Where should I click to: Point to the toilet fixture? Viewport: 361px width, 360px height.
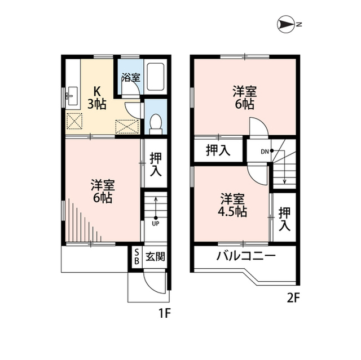(x=156, y=121)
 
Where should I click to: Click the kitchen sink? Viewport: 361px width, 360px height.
(x=71, y=96)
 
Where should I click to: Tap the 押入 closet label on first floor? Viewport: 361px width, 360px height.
(x=156, y=164)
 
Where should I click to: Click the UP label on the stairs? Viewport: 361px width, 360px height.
(x=155, y=223)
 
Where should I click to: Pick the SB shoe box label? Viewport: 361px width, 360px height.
(x=136, y=257)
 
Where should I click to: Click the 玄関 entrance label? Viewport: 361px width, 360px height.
(x=155, y=257)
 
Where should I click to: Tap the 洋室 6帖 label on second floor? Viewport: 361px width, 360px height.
(x=244, y=97)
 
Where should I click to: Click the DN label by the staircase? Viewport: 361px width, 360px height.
(x=265, y=151)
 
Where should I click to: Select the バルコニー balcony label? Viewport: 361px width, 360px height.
(x=246, y=256)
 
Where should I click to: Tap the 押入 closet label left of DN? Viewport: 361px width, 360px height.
(x=218, y=150)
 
